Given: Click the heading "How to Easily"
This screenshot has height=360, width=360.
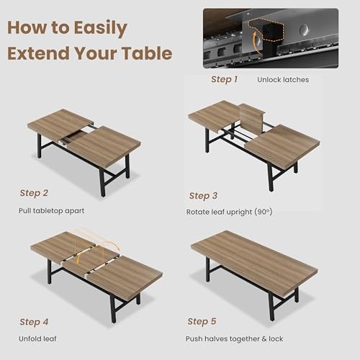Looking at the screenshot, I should (67, 28).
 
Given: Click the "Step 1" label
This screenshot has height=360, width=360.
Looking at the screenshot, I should (223, 79).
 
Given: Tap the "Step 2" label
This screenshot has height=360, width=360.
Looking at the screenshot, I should (35, 193).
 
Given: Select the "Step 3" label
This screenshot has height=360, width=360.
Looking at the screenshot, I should (203, 195).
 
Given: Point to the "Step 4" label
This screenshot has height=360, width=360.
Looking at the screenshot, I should (35, 322).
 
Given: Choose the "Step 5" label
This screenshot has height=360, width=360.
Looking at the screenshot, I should (202, 321).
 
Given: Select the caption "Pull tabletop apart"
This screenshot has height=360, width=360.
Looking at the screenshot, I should (51, 211).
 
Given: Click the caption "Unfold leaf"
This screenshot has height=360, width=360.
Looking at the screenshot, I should (37, 338).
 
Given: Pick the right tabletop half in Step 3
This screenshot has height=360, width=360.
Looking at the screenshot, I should (282, 144).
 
